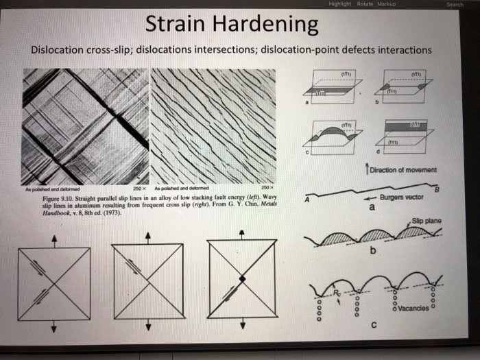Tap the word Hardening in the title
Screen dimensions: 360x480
point(269,25)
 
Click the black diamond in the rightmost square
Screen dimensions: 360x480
point(242,278)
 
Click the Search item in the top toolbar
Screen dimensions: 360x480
point(455,4)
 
